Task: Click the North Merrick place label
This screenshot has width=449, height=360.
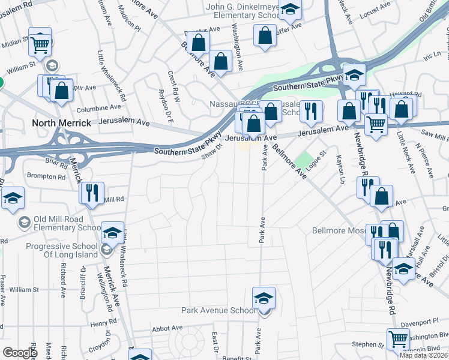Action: tap(61, 123)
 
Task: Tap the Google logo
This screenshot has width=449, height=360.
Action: tap(20, 353)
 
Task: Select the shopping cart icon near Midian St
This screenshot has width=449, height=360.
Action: tap(40, 42)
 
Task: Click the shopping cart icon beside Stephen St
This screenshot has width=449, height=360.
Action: tap(398, 340)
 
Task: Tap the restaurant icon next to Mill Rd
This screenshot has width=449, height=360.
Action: tap(92, 193)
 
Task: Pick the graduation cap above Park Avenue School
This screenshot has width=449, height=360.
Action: tap(264, 298)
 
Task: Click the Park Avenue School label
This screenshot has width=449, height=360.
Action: tap(219, 311)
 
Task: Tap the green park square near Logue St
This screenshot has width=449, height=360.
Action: tap(307, 160)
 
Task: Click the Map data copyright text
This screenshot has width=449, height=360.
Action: tap(423, 355)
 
